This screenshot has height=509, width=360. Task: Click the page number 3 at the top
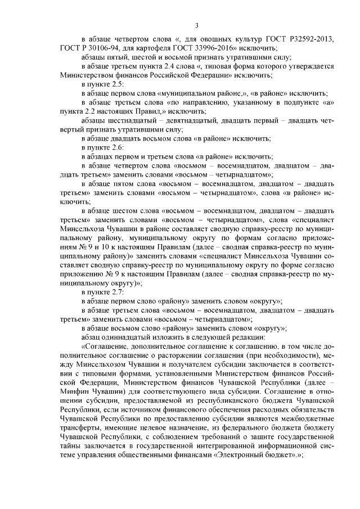click(197, 25)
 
